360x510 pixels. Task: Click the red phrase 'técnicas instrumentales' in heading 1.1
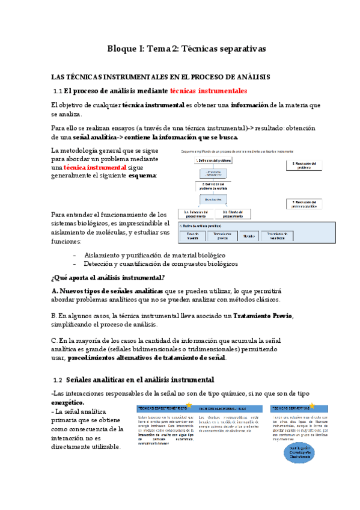(209, 91)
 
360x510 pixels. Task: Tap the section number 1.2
(58, 380)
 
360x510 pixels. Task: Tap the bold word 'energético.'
(68, 402)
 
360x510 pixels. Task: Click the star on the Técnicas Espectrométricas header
(189, 404)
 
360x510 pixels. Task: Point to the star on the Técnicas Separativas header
(311, 405)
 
